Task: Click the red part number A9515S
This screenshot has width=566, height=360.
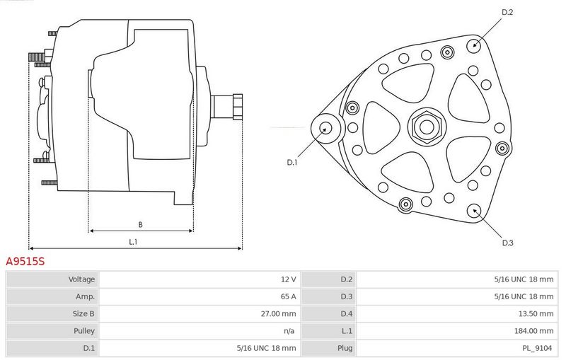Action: tap(25, 261)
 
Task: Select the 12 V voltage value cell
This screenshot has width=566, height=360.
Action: tap(289, 279)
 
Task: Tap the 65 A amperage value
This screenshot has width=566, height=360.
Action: tap(288, 296)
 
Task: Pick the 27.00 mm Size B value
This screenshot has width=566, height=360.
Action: tap(278, 314)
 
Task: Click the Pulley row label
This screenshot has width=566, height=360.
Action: tap(84, 331)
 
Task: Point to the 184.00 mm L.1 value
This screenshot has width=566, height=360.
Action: tap(534, 331)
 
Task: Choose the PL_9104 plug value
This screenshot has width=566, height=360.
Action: tap(538, 348)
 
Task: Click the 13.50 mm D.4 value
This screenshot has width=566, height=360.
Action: tap(536, 314)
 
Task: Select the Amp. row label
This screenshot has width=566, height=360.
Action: tap(85, 296)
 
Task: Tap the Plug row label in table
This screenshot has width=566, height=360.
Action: tap(345, 348)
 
